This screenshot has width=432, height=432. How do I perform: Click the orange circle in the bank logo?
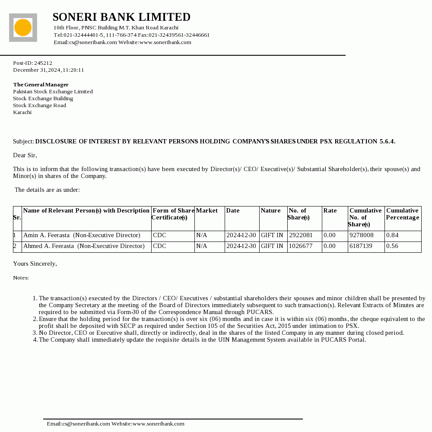(23, 28)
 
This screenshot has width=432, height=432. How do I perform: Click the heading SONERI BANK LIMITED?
(121, 17)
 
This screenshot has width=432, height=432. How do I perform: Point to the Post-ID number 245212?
(43, 63)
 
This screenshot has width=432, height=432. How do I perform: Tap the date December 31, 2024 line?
(48, 70)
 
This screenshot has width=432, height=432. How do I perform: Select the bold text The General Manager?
(41, 85)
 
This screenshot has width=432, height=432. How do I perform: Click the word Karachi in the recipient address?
(22, 112)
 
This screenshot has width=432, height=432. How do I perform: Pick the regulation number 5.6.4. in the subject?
(387, 142)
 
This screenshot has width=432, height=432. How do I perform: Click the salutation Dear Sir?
(25, 155)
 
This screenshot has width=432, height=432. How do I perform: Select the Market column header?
(206, 211)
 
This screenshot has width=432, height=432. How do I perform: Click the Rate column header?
(330, 211)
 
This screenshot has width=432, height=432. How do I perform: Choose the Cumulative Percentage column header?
(402, 214)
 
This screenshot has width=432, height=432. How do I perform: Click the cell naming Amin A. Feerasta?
(82, 235)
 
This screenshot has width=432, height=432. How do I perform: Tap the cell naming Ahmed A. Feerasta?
(84, 246)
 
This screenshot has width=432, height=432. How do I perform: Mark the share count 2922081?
(301, 235)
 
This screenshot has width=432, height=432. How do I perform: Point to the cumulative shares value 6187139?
(361, 246)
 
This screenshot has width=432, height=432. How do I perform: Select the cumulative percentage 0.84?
(392, 235)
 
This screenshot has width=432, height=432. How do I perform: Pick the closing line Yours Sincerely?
(35, 264)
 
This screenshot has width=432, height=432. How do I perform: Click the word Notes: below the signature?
(21, 278)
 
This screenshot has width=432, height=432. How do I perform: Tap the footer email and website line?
(115, 424)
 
